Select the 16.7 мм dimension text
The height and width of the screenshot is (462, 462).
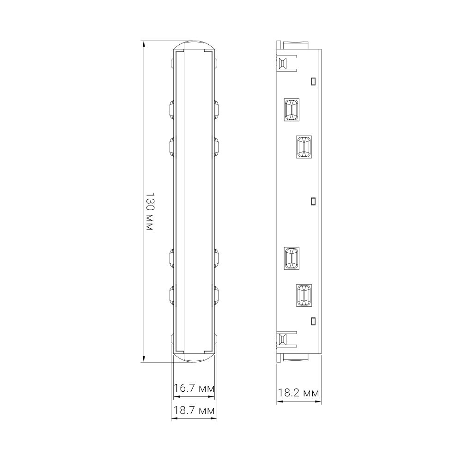(194, 389)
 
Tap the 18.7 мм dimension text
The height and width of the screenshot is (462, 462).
(194, 410)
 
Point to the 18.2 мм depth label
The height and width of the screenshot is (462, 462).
(298, 393)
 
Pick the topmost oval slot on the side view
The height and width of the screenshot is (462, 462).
(292, 111)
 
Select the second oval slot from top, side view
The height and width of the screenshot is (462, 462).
(304, 147)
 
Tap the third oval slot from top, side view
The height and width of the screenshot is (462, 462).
(292, 258)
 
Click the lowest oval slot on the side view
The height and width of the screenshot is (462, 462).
(304, 295)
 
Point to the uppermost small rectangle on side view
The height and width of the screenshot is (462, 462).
(313, 81)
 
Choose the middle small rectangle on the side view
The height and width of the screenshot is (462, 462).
(313, 201)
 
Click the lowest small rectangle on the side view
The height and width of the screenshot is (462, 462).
(313, 321)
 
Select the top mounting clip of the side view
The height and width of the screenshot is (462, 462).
(286, 62)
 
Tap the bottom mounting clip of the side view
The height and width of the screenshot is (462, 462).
(286, 340)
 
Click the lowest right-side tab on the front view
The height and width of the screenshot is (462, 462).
(216, 295)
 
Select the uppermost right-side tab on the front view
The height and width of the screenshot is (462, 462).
(216, 109)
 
